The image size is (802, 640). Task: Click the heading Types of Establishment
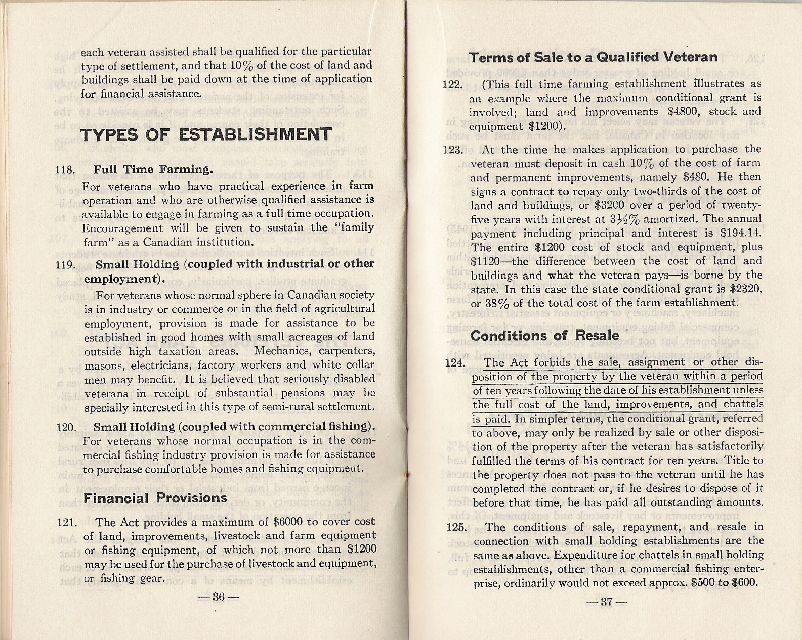pos(206,135)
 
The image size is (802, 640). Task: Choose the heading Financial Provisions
pos(155,498)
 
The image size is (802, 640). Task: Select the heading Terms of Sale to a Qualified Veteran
pos(593,57)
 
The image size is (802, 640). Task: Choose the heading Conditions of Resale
pos(544,336)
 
